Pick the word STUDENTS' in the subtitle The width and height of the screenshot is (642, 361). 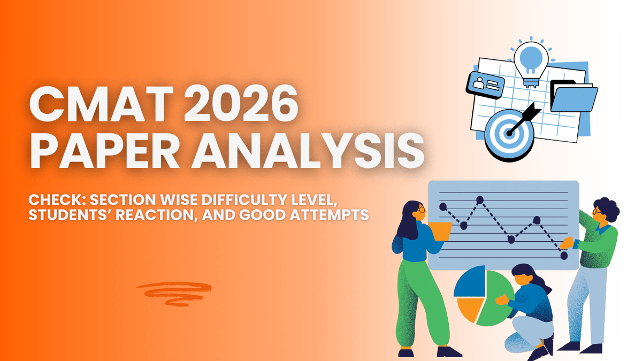tap(70, 216)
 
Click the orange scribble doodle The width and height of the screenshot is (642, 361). tap(174, 294)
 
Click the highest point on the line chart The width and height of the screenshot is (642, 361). tap(480, 200)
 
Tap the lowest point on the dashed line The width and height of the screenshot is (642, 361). tap(564, 256)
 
